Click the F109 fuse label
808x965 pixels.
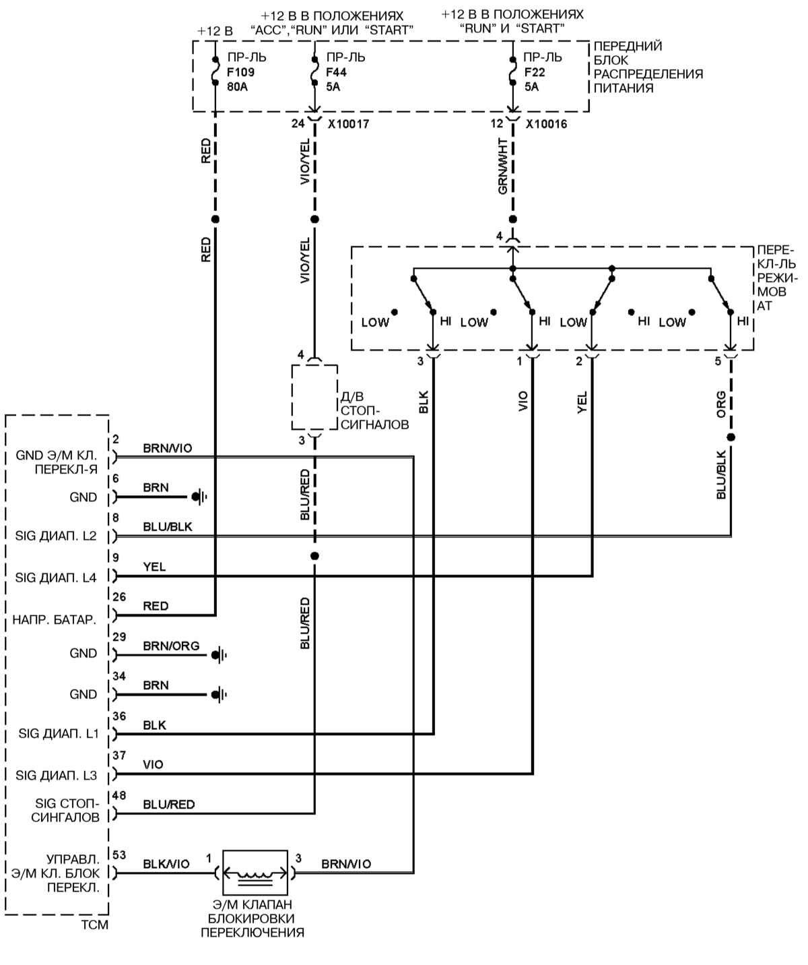(241, 72)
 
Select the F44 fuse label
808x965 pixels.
(337, 72)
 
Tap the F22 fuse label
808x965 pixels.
(535, 72)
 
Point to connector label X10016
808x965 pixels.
(546, 124)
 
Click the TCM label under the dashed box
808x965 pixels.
(94, 925)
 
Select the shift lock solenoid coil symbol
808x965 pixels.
(255, 873)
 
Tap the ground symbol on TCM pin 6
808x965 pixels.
(199, 497)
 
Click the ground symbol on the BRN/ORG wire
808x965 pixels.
(219, 654)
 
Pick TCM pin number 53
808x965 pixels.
(119, 855)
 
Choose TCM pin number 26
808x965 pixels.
(119, 596)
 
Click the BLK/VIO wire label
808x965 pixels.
(166, 864)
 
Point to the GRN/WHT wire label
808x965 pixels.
(503, 166)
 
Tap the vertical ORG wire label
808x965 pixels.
(721, 404)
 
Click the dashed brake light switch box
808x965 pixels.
(314, 397)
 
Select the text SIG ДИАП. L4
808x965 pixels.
(56, 578)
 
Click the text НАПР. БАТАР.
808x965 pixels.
(55, 619)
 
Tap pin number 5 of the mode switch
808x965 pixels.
(718, 361)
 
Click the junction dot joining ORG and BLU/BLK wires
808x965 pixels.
(731, 437)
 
